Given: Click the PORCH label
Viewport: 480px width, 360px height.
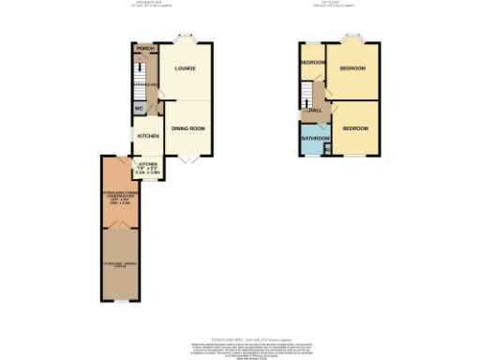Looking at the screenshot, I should pyautogui.click(x=144, y=49).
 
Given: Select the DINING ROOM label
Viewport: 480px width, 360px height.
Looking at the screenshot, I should pyautogui.click(x=188, y=128).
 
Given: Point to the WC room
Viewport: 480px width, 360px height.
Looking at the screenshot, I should pyautogui.click(x=139, y=109).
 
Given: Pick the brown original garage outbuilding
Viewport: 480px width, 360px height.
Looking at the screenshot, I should pyautogui.click(x=119, y=265).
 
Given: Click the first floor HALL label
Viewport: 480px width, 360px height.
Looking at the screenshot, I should pyautogui.click(x=316, y=111).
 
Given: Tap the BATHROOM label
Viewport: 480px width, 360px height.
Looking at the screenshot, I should pyautogui.click(x=312, y=140).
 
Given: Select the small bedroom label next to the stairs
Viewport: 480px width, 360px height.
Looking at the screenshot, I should pyautogui.click(x=312, y=63).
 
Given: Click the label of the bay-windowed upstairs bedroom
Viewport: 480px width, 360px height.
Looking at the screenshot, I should pyautogui.click(x=352, y=69).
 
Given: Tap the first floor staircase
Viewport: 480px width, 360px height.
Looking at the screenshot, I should pyautogui.click(x=306, y=91).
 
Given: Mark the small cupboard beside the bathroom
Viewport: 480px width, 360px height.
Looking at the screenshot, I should pyautogui.click(x=327, y=146).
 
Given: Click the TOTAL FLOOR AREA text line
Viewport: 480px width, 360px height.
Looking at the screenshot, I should pyautogui.click(x=240, y=338).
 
